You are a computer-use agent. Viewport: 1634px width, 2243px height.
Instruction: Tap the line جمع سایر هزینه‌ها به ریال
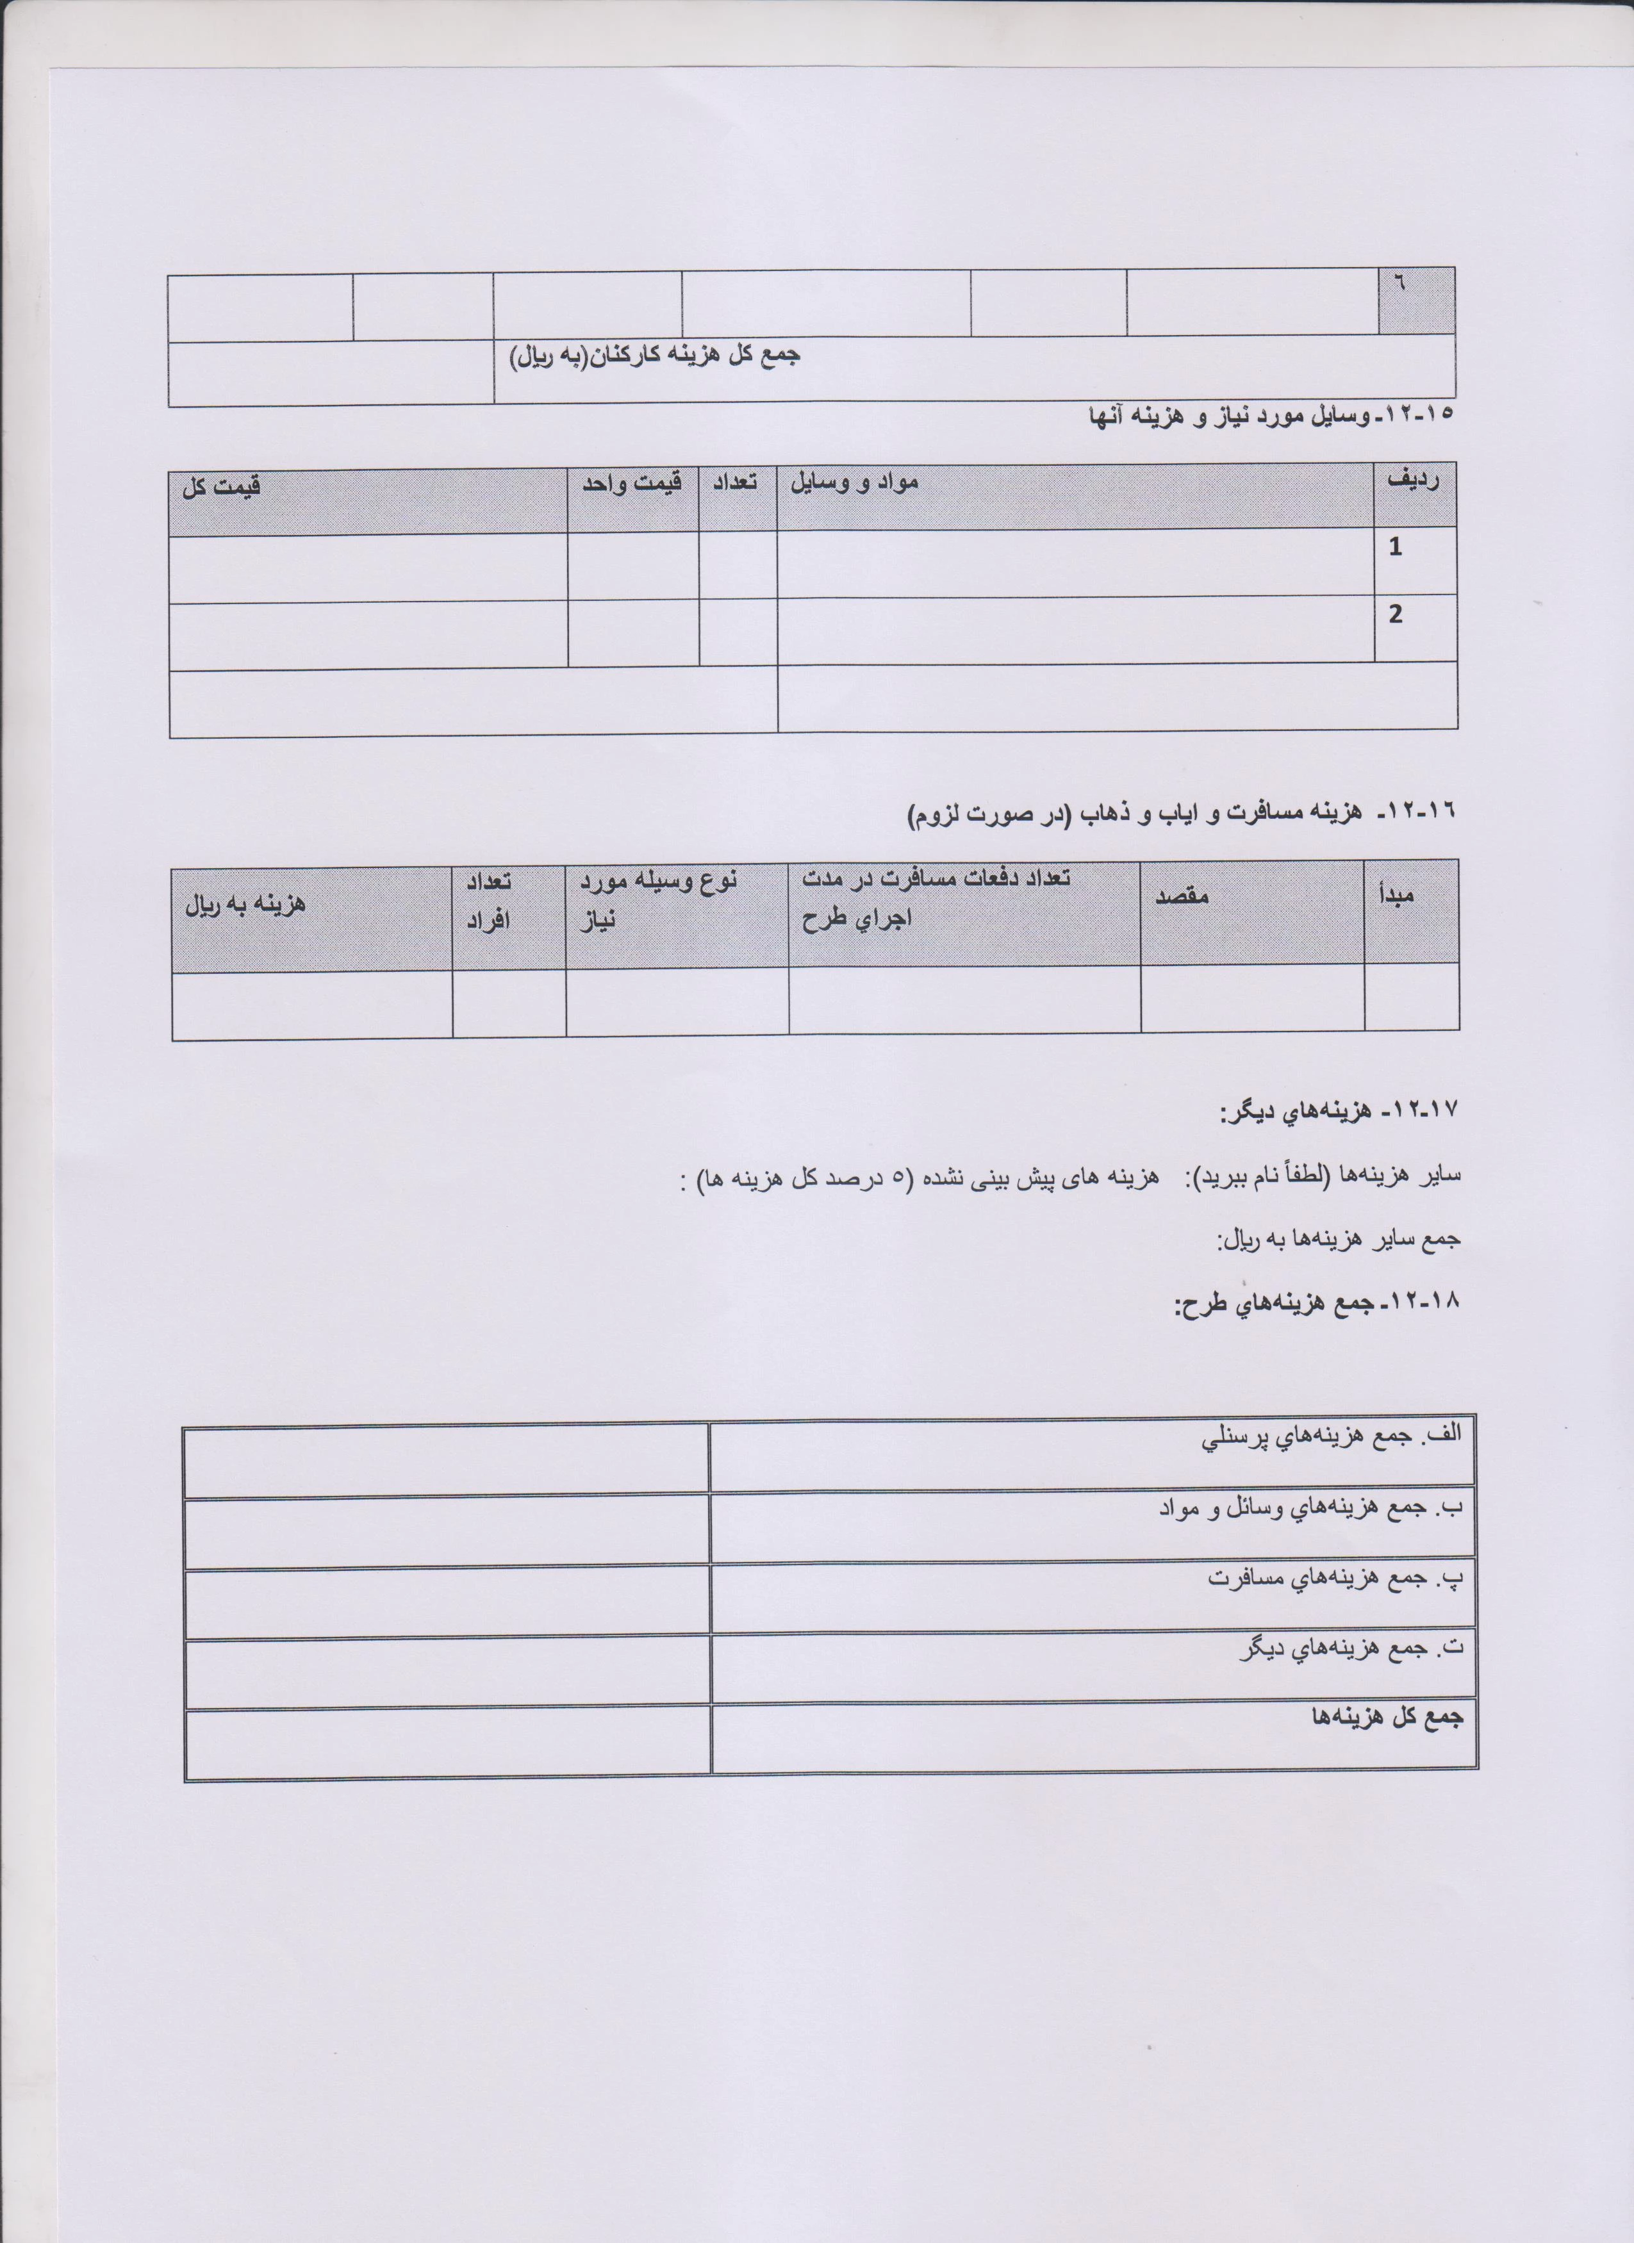click(1338, 1239)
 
